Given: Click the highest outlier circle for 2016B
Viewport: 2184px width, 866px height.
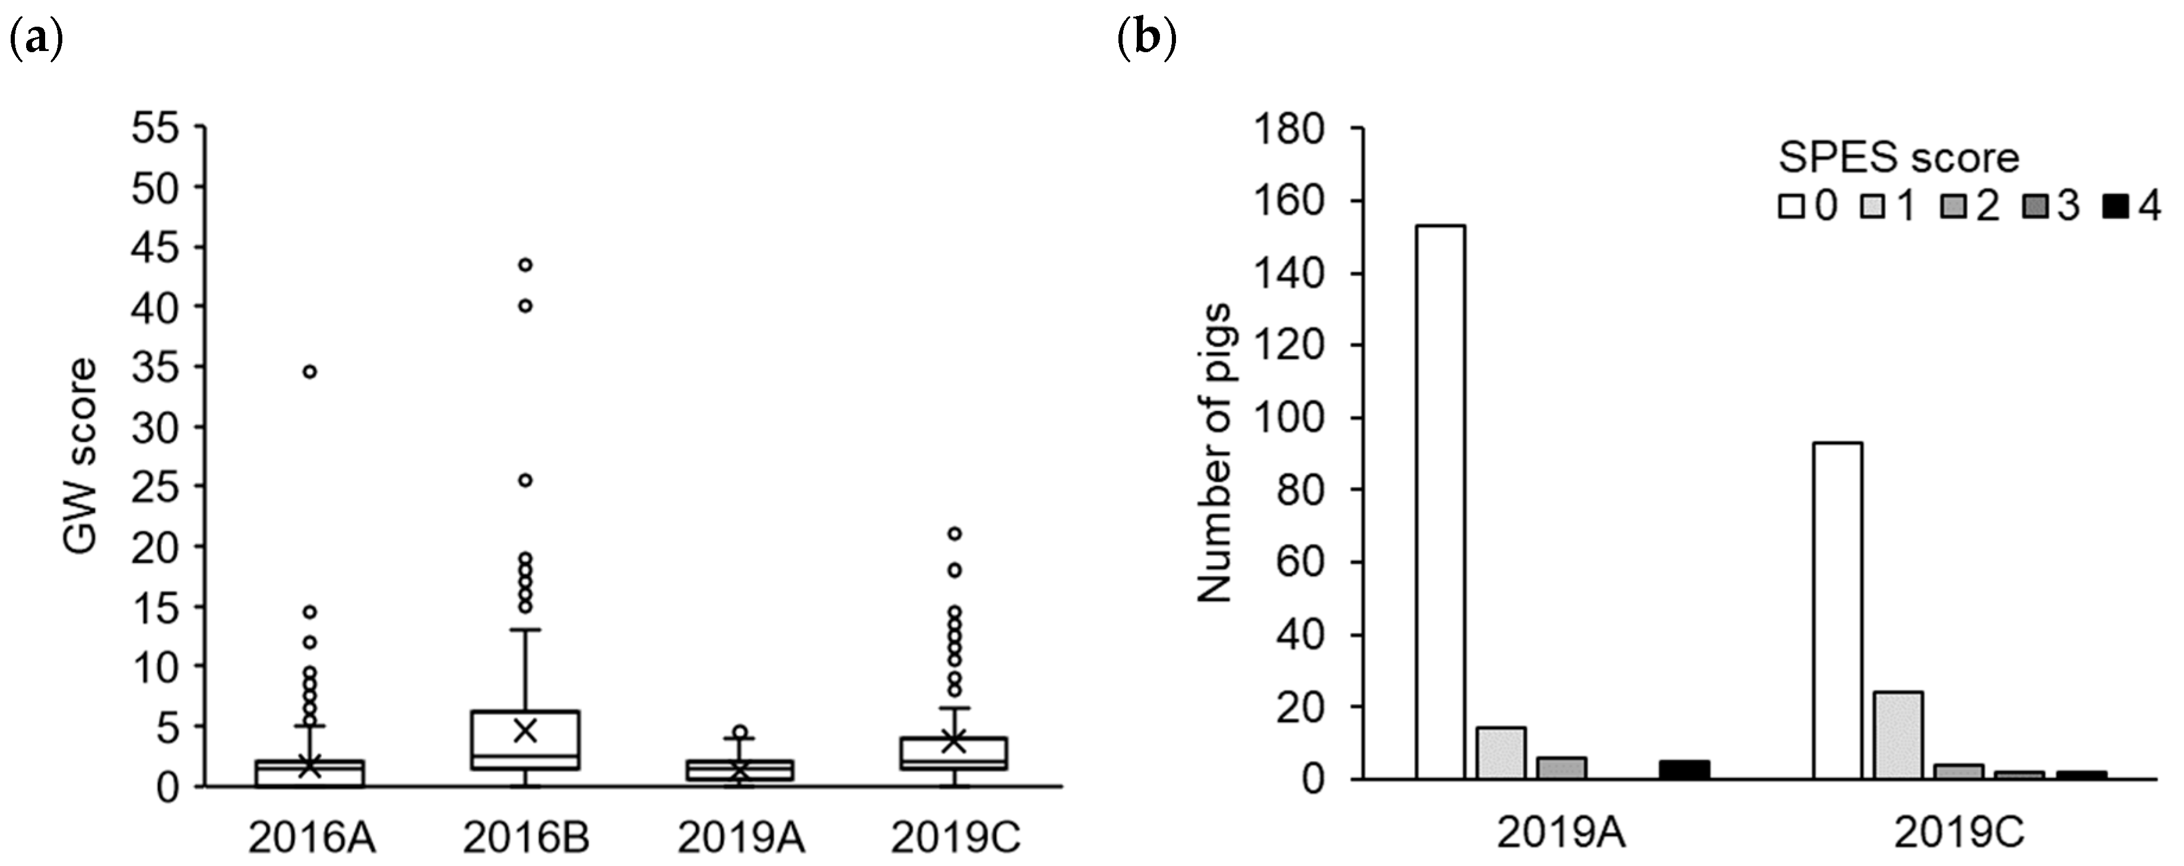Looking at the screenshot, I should [x=525, y=265].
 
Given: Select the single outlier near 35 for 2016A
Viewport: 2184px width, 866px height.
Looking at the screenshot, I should [x=310, y=371].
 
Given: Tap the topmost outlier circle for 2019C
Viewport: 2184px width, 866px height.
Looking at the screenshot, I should [x=954, y=533].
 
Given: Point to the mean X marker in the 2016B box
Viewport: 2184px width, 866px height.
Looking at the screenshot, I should [x=525, y=730].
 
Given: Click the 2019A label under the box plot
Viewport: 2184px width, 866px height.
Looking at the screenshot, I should [x=741, y=839].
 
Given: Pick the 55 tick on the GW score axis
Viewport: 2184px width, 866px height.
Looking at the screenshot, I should [x=167, y=129].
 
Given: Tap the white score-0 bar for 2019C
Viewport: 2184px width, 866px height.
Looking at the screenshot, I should [x=1838, y=610].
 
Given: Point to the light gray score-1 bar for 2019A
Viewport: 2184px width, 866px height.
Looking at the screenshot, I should [x=1501, y=753].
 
